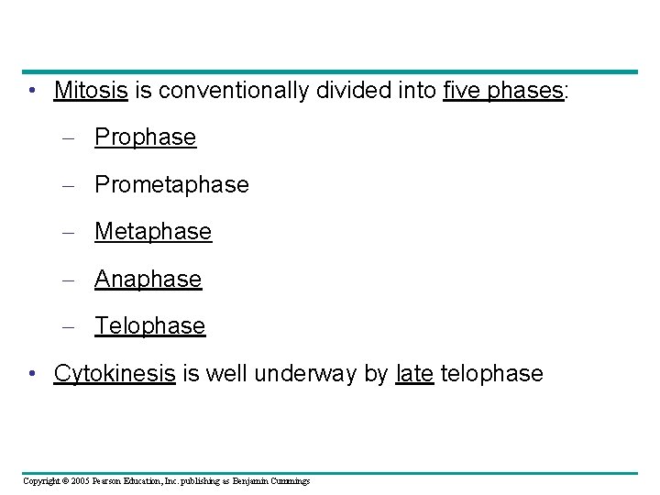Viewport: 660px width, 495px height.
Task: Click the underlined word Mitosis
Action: click(92, 91)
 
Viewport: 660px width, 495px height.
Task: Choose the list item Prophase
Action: click(145, 137)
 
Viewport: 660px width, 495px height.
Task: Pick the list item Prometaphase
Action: click(171, 184)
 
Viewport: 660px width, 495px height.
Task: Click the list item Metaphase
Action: click(153, 232)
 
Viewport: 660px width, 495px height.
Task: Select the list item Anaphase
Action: click(148, 279)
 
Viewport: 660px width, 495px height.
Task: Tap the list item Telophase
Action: click(149, 325)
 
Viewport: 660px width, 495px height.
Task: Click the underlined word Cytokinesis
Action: click(115, 374)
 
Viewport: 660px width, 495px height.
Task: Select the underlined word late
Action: click(414, 374)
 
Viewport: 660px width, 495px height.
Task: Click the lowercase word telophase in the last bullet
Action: click(492, 374)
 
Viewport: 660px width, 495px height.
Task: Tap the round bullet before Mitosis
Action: click(32, 92)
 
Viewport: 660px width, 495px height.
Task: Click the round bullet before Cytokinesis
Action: click(32, 374)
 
